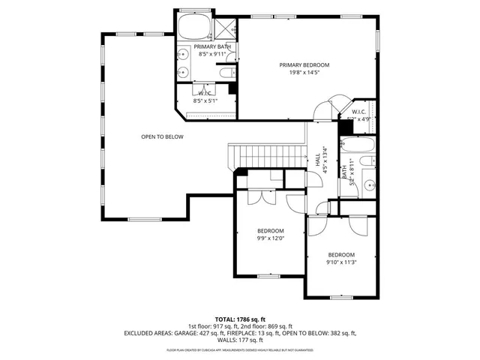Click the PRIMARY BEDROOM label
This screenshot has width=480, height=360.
click(x=304, y=65)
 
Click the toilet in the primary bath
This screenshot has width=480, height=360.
click(x=226, y=73)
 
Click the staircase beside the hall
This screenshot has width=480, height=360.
click(x=268, y=155)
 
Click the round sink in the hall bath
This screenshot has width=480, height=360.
click(x=369, y=184)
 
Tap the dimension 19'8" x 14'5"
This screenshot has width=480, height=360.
click(x=304, y=73)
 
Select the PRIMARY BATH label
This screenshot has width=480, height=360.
click(x=214, y=46)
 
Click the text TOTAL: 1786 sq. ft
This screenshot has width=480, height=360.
click(x=240, y=319)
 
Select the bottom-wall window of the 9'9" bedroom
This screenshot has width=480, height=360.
click(x=271, y=277)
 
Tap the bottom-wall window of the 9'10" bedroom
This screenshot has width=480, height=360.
click(x=342, y=298)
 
